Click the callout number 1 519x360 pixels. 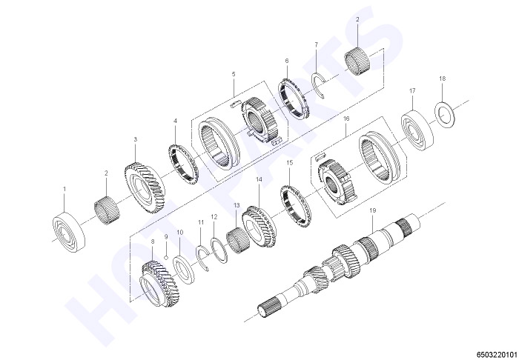click(x=65, y=189)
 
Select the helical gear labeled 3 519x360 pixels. click(x=145, y=187)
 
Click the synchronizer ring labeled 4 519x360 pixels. click(x=182, y=164)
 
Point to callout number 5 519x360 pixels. click(x=234, y=74)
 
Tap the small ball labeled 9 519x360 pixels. click(x=166, y=258)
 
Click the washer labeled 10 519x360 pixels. click(x=184, y=269)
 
